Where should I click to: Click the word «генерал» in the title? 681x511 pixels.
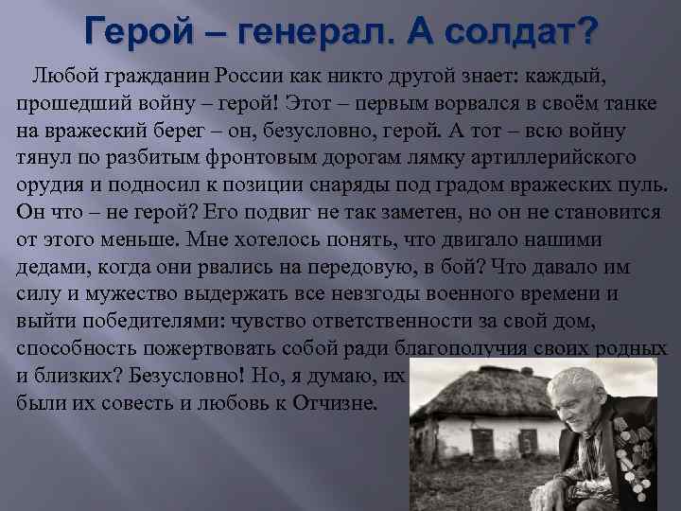pos(312,32)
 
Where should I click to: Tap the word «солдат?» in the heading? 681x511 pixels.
pos(527,32)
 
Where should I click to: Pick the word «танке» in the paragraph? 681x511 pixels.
pos(628,102)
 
